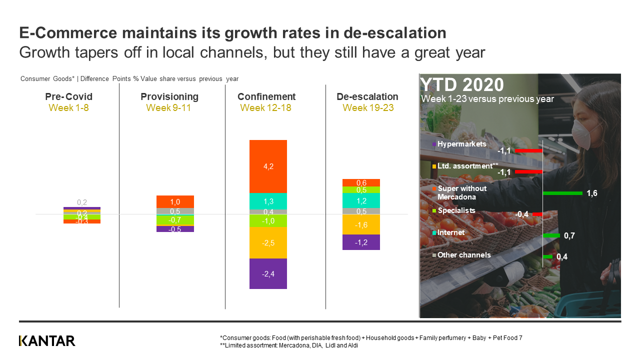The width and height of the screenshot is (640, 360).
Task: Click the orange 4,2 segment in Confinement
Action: pos(268,166)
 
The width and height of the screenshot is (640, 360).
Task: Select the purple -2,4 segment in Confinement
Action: pos(268,273)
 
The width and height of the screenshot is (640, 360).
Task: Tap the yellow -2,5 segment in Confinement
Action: pos(268,242)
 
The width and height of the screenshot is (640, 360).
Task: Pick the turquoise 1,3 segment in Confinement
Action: pos(268,201)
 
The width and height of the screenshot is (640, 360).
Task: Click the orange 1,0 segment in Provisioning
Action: pos(175,201)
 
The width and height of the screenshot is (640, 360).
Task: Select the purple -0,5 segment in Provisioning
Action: pos(175,229)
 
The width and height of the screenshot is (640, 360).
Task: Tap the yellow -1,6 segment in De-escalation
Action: pos(361,224)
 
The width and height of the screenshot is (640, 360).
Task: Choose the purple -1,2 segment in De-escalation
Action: pos(361,242)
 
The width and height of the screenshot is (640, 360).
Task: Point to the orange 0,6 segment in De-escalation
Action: pos(361,182)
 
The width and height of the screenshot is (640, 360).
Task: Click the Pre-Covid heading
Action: pos(72,96)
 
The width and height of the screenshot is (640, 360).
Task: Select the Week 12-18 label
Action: pos(266,107)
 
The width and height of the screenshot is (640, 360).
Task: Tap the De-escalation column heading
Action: pos(367,96)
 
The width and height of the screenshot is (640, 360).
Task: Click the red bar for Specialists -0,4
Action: pos(537,214)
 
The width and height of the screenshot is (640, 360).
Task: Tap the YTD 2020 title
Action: pos(462,84)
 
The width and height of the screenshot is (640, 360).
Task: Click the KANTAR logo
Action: pos(47,341)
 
